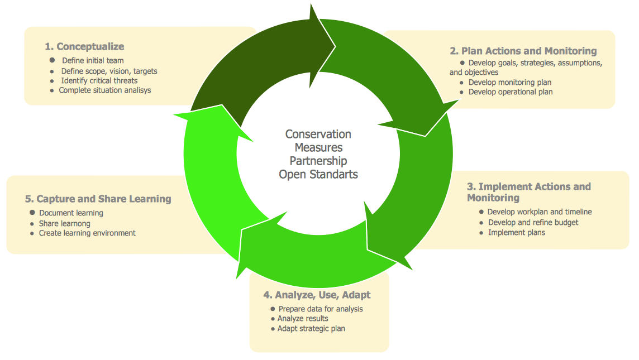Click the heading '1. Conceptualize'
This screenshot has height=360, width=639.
click(x=84, y=46)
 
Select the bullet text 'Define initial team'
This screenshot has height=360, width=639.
click(x=93, y=60)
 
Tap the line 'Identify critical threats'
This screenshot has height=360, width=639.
click(x=99, y=80)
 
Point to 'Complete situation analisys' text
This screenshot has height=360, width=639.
click(x=104, y=90)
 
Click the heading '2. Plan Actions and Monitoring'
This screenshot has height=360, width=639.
click(x=523, y=51)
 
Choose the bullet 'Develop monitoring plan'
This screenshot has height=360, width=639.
click(x=509, y=82)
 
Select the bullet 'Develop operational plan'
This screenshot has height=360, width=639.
click(x=510, y=92)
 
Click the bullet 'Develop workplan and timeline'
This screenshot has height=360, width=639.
click(x=539, y=212)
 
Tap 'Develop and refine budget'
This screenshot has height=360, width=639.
click(x=533, y=222)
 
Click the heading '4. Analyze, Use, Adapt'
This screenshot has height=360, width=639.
click(x=317, y=295)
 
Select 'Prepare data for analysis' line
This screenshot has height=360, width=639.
click(x=321, y=309)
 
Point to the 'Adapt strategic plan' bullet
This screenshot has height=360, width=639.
click(x=311, y=328)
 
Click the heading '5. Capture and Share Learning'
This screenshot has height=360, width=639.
click(x=98, y=199)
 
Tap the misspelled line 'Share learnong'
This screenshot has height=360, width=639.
click(x=64, y=223)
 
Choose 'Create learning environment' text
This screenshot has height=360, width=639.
click(x=87, y=233)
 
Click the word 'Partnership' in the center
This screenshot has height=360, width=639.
click(x=318, y=161)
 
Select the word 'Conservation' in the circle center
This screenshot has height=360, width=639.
click(x=318, y=134)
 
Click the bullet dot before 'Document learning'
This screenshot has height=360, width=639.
click(x=32, y=213)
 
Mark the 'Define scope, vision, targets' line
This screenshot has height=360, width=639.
click(x=109, y=71)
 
